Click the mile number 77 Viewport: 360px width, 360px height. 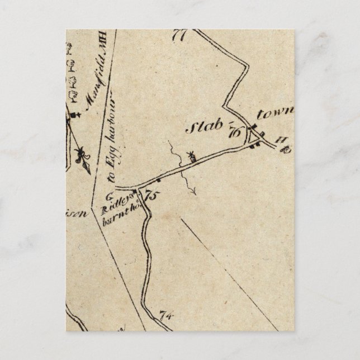(179, 35)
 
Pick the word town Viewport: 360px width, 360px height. (274, 113)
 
